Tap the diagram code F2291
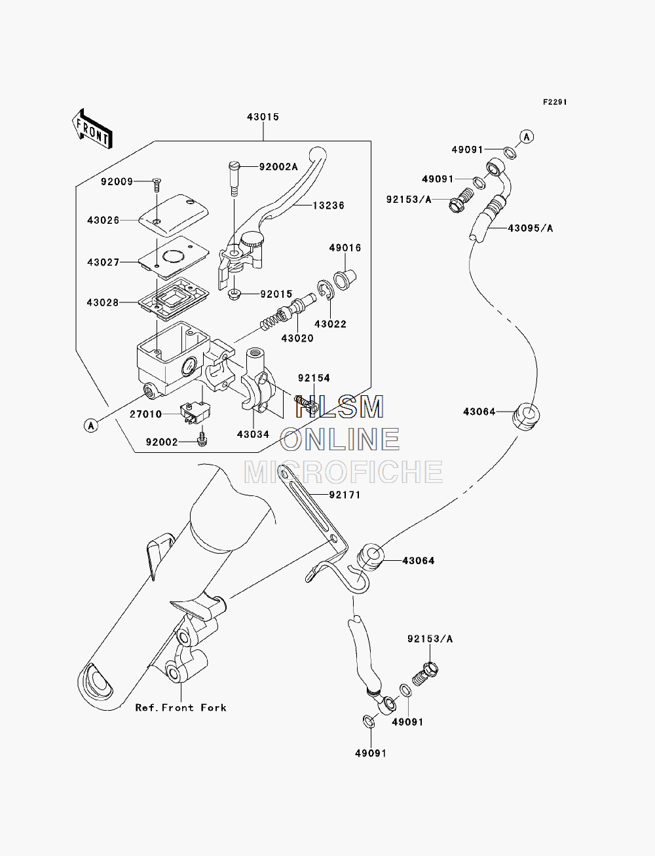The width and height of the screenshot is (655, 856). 555,102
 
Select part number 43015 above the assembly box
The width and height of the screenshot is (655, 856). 263,117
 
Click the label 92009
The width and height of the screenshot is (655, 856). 117,181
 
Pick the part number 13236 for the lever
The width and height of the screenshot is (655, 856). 328,205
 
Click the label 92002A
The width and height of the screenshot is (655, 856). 278,167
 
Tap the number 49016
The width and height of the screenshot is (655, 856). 345,247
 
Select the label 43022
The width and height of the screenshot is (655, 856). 330,324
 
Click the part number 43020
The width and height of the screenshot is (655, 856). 297,338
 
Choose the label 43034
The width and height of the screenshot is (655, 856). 253,434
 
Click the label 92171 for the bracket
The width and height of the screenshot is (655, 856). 345,495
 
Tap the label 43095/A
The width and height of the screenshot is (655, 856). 530,228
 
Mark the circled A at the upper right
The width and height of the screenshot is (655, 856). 527,137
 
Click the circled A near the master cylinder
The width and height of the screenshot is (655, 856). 91,425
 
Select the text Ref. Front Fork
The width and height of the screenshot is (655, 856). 181,708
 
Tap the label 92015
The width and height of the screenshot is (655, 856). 276,294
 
